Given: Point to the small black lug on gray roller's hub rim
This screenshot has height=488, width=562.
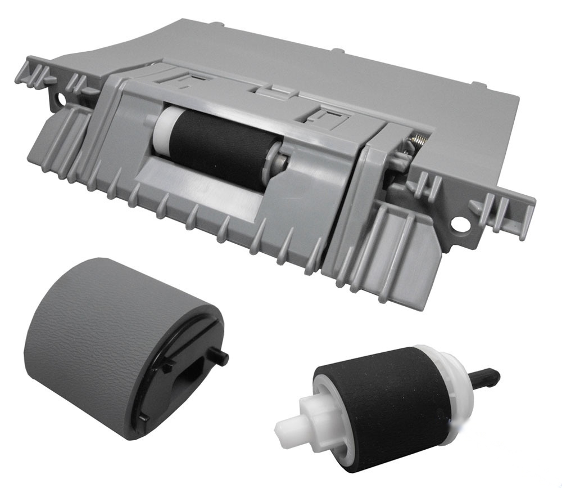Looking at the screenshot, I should coord(167,366).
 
